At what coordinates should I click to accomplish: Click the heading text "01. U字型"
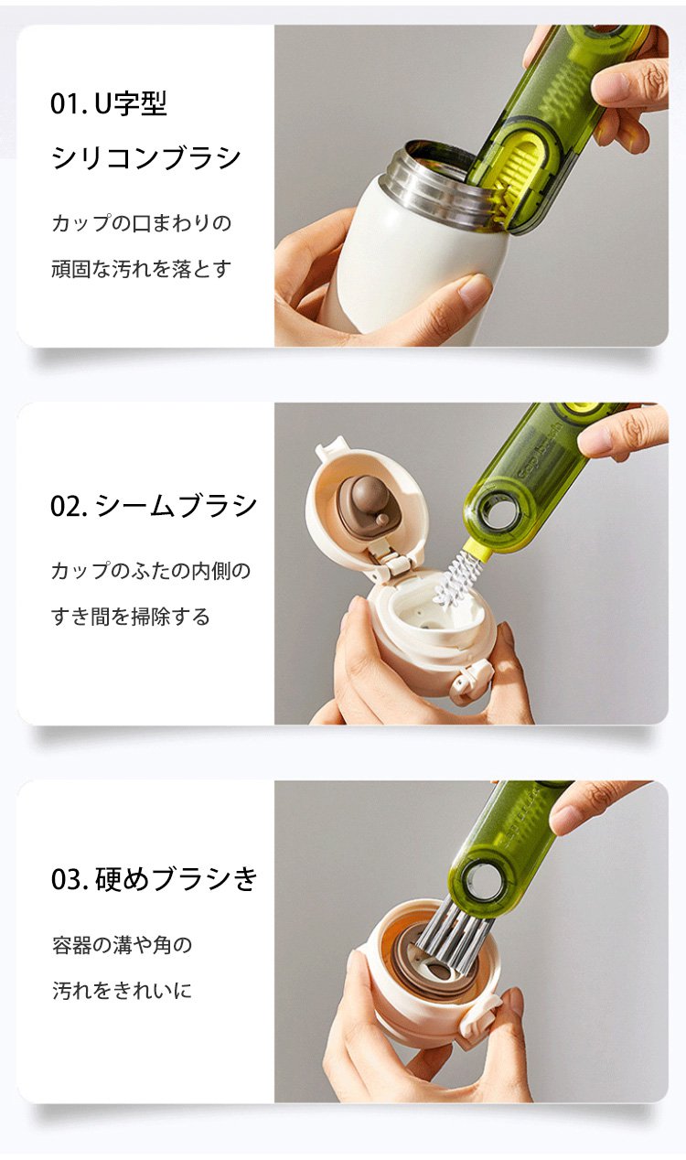pos(108,103)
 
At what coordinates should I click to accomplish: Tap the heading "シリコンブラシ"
pos(146,157)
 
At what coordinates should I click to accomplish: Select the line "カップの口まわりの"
pos(142,223)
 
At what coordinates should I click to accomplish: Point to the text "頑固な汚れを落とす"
pos(141,269)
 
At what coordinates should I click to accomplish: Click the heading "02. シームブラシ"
pos(154,505)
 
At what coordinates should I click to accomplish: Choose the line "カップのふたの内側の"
pos(151,571)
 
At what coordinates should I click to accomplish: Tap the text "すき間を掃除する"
pos(131,617)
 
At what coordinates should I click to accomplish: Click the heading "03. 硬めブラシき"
pos(154,879)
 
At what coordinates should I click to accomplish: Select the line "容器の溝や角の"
pos(123,945)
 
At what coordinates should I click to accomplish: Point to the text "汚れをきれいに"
pos(122,991)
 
